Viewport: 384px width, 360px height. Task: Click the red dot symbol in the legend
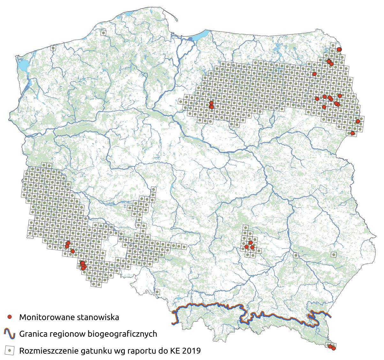tap(10, 317)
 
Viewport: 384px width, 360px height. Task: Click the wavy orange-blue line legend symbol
tap(10, 333)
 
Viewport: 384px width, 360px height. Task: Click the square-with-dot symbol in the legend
tap(10, 351)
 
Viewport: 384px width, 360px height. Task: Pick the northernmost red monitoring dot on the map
tap(339, 49)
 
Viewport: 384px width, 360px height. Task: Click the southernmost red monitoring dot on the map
tap(334, 348)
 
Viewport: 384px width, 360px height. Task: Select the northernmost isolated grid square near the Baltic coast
tap(103, 33)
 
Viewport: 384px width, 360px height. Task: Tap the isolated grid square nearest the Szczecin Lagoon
tap(53, 48)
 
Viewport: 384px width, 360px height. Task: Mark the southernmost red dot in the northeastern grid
tap(352, 133)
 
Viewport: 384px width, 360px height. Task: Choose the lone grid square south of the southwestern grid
tap(157, 292)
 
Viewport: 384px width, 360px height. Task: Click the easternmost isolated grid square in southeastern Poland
tap(334, 255)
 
